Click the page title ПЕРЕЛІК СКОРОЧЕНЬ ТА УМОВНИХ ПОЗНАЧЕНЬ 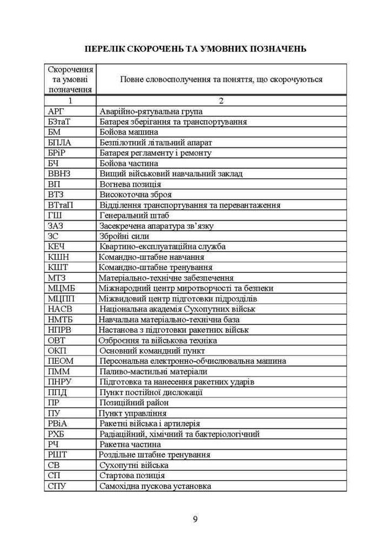point(195,49)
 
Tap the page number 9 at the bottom point(195,518)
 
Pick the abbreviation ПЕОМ point(61,361)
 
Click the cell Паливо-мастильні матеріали point(153,371)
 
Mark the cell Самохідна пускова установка point(155,486)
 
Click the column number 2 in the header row point(221,101)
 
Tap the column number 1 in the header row point(70,101)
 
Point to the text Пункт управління point(133,413)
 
